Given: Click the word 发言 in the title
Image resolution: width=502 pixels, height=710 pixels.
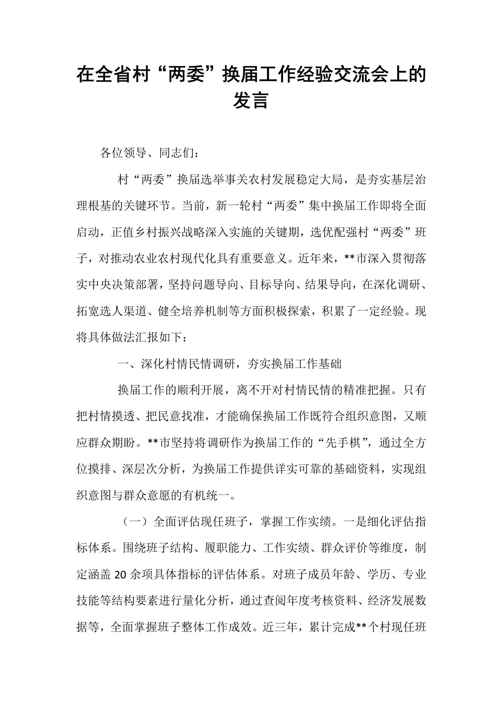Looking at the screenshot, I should (251, 101).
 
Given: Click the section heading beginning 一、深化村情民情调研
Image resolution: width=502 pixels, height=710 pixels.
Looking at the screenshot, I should (230, 364).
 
